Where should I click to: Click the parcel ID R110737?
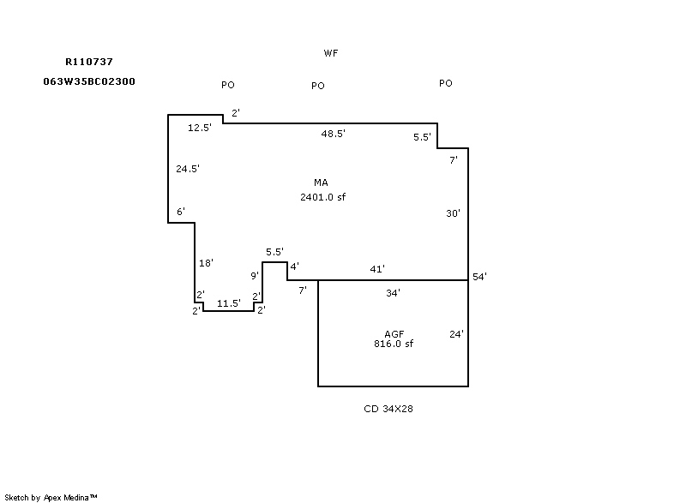(x=89, y=62)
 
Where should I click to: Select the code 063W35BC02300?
(x=89, y=81)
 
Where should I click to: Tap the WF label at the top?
(x=331, y=53)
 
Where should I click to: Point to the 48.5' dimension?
(x=334, y=134)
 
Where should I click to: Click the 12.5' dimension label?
(x=200, y=127)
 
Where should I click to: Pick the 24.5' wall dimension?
(x=188, y=168)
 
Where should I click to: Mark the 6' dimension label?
(x=181, y=212)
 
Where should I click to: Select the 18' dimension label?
(x=206, y=263)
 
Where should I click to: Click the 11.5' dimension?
(x=229, y=302)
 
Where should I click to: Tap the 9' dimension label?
(x=255, y=275)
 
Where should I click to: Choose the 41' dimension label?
(x=377, y=269)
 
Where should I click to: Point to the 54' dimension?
(x=480, y=277)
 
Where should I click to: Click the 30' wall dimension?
(x=454, y=213)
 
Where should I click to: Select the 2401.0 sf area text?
(x=323, y=197)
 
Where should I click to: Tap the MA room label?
(x=321, y=183)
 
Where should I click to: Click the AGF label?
(x=394, y=334)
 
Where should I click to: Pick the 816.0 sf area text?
(x=394, y=344)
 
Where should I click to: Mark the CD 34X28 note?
(x=388, y=409)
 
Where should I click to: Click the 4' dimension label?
(x=295, y=266)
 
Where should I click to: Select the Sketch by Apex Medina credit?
(x=51, y=497)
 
